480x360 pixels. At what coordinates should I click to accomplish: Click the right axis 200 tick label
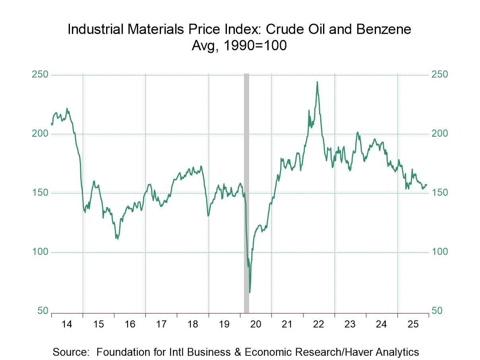pyautogui.click(x=440, y=134)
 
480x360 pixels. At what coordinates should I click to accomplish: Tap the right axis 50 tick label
pyautogui.click(x=437, y=311)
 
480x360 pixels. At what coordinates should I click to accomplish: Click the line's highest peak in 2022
pyautogui.click(x=317, y=82)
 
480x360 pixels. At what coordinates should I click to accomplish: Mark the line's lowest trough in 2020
pyautogui.click(x=250, y=292)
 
